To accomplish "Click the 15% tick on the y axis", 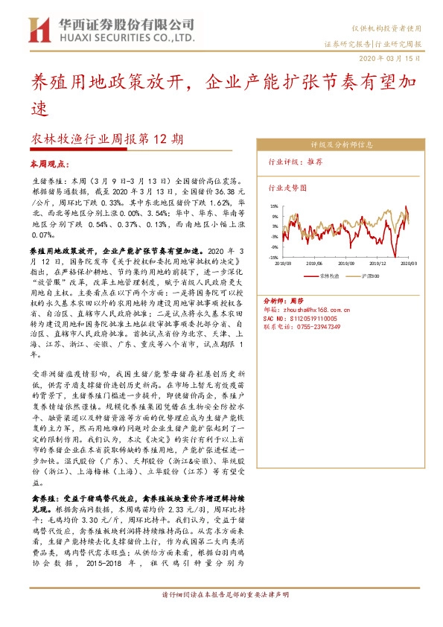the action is [x=274, y=206].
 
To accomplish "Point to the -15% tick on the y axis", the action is [x=273, y=255].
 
